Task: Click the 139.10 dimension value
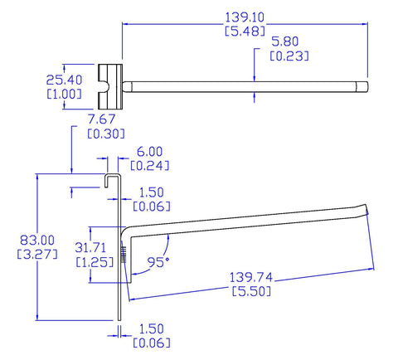point(245,17)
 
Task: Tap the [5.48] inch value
point(245,31)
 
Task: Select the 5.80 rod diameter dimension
point(285,41)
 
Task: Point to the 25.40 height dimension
point(64,80)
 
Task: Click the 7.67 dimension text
point(101,119)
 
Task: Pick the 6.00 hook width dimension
point(150,152)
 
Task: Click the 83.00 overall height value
point(37,240)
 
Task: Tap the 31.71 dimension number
point(90,247)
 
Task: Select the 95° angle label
point(158,262)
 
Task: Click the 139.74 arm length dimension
point(251,277)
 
